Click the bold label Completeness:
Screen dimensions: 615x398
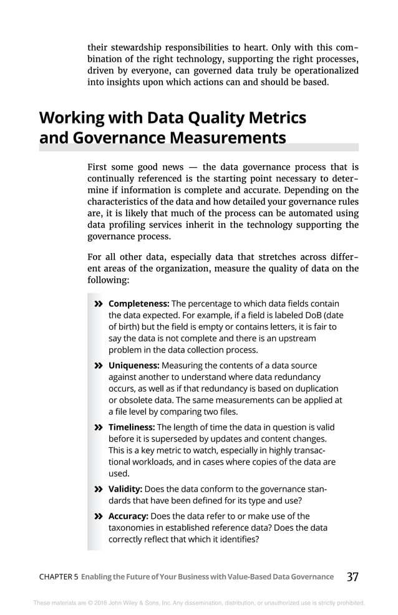pos(138,304)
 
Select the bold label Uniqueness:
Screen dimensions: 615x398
pos(133,366)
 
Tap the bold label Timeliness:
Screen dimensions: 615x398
pos(132,427)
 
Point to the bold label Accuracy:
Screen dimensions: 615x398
pos(129,516)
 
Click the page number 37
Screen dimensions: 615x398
pos(352,577)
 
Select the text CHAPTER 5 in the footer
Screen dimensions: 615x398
pos(59,577)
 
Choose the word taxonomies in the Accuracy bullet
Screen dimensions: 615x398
pos(132,528)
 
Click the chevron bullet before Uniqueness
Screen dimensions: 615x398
pos(98,366)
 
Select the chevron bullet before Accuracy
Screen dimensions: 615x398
pos(98,516)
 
